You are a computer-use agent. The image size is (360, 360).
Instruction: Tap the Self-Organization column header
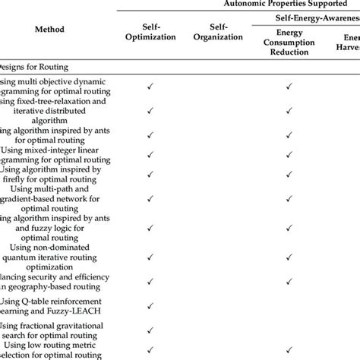tap(217, 30)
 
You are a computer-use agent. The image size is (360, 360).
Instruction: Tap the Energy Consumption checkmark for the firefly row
tap(289, 175)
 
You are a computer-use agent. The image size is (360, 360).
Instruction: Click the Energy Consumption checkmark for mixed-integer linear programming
tap(289, 153)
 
